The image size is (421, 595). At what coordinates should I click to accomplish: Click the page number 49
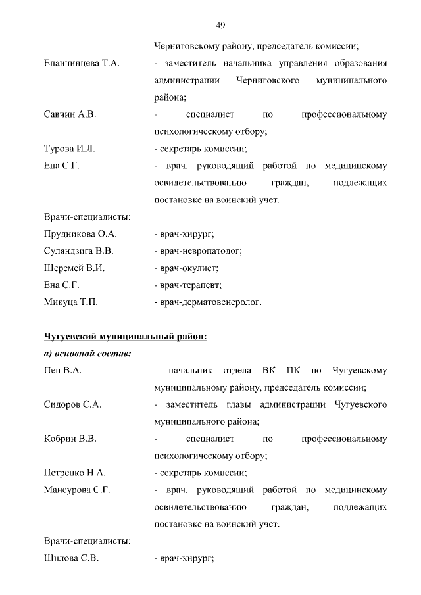click(x=220, y=25)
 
